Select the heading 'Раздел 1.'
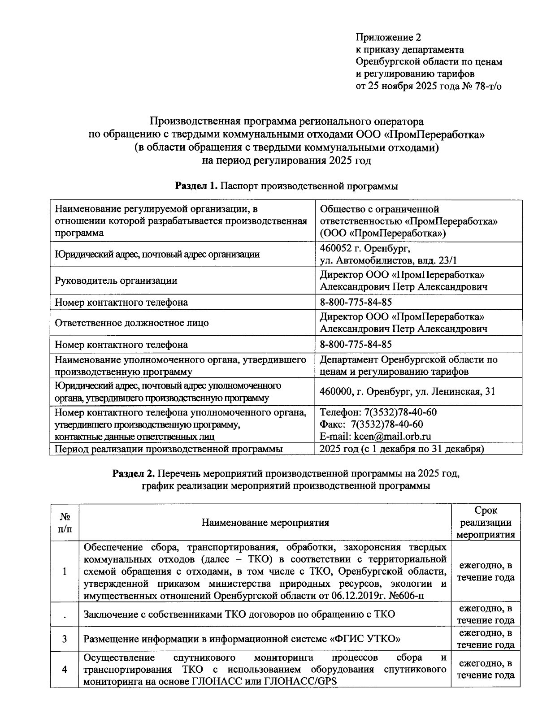tap(195, 186)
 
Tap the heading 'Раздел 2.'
tap(133, 474)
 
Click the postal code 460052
tap(337, 248)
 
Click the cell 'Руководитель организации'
tap(116, 281)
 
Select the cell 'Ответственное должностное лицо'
tap(131, 323)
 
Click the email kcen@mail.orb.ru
tap(392, 437)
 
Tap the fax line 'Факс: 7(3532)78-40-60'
tap(371, 424)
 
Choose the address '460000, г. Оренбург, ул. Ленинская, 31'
tap(407, 392)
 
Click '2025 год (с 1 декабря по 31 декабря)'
tap(401, 449)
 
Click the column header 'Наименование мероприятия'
tap(265, 523)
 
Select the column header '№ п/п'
tap(65, 523)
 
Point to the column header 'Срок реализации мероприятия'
tap(486, 523)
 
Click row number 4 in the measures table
tap(65, 670)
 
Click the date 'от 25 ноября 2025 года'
tap(407, 87)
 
